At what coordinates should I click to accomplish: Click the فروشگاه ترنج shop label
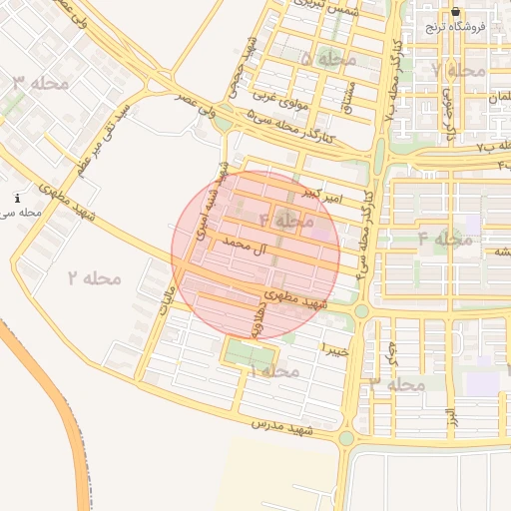coord(456,27)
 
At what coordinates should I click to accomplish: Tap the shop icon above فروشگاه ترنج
coord(456,11)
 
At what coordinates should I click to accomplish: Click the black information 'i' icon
coord(18,199)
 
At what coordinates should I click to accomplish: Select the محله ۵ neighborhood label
coord(328,60)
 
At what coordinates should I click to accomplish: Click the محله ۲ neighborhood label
coord(94,277)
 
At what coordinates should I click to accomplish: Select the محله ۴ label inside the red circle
coord(286,220)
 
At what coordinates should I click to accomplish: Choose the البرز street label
coord(451,413)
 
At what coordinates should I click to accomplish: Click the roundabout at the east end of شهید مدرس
coord(346,438)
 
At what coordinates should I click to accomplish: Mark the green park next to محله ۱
coord(248,353)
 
